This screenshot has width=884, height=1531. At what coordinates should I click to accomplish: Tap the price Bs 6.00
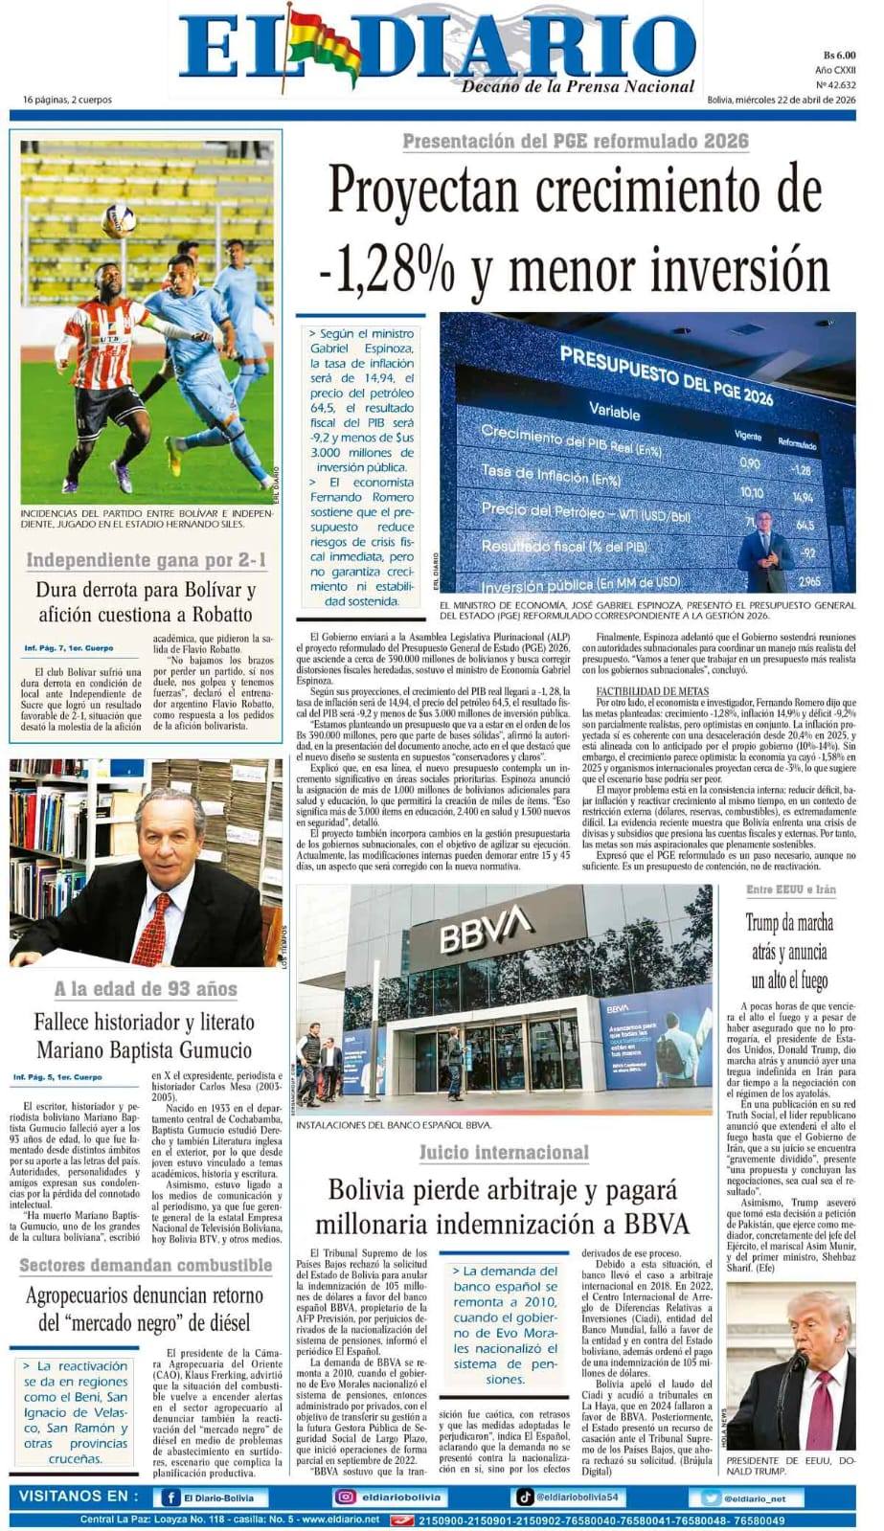(838, 56)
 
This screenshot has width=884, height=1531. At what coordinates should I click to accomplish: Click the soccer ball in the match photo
(119, 220)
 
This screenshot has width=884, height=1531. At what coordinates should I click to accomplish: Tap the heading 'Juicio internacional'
(503, 1152)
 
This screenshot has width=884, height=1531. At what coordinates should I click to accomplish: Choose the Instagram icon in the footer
(345, 1497)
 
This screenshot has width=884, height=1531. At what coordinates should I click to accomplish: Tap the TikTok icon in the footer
(525, 1497)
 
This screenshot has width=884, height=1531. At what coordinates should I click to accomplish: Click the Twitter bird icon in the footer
(710, 1497)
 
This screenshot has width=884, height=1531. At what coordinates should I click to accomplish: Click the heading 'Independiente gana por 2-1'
(147, 560)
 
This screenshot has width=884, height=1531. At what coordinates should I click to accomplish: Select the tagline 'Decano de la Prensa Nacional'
(578, 86)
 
